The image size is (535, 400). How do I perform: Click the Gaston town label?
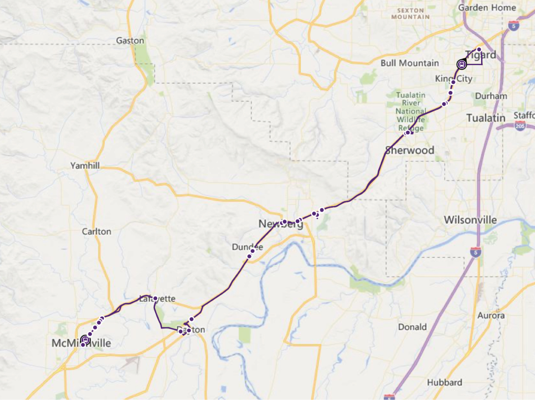130,41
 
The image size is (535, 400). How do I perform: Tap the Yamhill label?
85,166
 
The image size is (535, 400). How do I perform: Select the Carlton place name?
97,231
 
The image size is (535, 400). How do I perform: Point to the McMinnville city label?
81,343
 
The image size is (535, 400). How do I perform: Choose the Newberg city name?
281,224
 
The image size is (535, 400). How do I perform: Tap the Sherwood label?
409,150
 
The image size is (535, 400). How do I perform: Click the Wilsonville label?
470,220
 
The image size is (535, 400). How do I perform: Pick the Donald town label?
412,327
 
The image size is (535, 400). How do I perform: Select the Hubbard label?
445,383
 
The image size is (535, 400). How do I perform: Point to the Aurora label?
491,316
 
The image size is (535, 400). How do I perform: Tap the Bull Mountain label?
410,63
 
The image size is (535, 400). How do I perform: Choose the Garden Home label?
487,8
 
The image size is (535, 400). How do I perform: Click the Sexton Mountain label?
411,13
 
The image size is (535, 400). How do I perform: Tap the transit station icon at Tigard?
461,65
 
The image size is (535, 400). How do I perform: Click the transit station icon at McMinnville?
85,340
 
